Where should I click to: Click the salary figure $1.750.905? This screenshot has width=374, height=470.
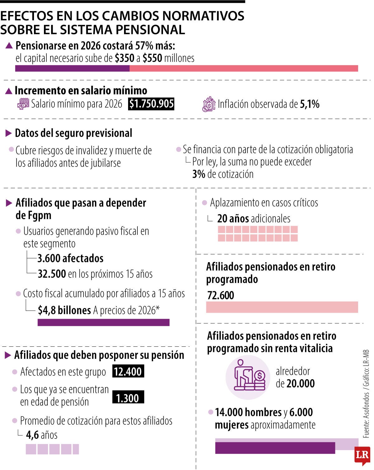[151, 104]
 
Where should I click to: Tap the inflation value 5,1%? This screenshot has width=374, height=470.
[309, 104]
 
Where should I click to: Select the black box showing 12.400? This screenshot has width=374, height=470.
[128, 371]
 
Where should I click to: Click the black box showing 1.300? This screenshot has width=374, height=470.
[128, 398]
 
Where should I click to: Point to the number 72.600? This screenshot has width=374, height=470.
[220, 295]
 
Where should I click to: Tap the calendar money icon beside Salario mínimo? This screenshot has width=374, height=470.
[23, 104]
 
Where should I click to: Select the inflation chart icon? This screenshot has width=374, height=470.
[209, 104]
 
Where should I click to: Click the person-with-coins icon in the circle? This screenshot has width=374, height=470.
[248, 377]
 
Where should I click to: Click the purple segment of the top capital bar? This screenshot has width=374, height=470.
[72, 68]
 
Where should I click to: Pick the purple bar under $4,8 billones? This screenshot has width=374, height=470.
[103, 322]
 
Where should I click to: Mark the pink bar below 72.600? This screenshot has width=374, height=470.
[282, 307]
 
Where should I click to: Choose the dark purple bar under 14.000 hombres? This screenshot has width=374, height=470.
[275, 448]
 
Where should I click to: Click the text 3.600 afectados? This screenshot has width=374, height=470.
[70, 258]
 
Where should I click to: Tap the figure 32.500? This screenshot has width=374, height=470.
[52, 274]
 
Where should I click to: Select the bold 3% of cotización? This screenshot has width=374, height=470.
[199, 174]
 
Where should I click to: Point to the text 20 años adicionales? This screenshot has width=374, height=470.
[254, 218]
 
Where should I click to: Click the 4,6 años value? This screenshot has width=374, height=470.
[42, 435]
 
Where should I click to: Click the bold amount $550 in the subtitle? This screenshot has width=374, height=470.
[152, 58]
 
